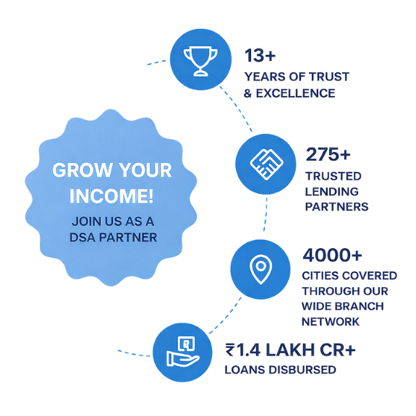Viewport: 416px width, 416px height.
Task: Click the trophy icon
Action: click(x=200, y=61)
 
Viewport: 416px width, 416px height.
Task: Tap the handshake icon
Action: click(x=266, y=164)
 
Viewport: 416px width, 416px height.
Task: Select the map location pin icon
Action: click(x=260, y=269)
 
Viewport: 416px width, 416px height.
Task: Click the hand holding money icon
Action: click(x=183, y=352)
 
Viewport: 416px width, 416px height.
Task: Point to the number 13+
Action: click(x=260, y=56)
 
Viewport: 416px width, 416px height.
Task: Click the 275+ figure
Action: click(x=328, y=154)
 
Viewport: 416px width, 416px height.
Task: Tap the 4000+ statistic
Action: click(x=332, y=255)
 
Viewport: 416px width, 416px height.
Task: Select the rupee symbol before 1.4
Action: click(x=230, y=349)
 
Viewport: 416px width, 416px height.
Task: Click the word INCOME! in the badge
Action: click(x=111, y=196)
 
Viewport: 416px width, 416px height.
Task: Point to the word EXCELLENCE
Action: click(x=295, y=93)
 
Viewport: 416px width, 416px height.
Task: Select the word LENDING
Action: click(x=331, y=192)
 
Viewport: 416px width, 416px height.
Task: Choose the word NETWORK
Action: click(x=331, y=322)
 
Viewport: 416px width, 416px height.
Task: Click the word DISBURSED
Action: click(x=302, y=370)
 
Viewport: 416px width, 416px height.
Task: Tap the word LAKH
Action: click(x=290, y=349)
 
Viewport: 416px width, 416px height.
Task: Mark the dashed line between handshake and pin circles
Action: click(x=266, y=214)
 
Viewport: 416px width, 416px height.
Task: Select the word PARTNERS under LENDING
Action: click(x=336, y=207)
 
